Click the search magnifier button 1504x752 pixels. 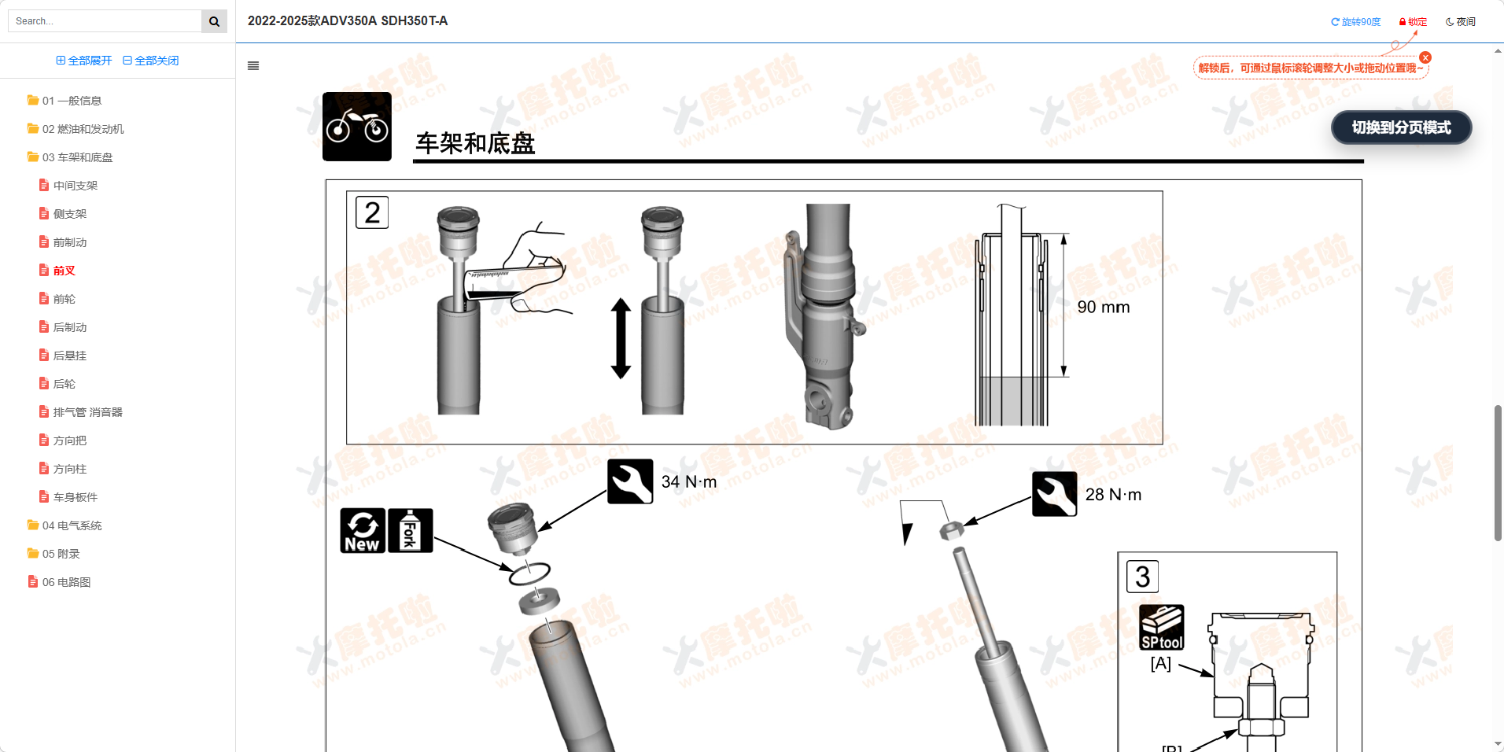click(214, 21)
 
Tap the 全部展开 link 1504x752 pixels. click(84, 61)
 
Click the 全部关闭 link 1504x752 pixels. click(151, 61)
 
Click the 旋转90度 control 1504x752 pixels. click(1355, 22)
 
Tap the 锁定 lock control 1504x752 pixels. click(1413, 22)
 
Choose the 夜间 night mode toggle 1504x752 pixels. click(1461, 22)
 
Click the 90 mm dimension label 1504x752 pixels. click(1104, 308)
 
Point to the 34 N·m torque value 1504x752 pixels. click(689, 481)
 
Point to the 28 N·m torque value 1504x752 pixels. click(1113, 495)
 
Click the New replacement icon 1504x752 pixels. click(363, 530)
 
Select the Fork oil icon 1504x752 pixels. click(411, 530)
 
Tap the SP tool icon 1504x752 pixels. click(1162, 627)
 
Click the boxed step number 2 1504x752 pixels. click(372, 212)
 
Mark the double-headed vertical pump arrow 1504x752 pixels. click(621, 338)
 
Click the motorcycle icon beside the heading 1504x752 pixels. click(357, 127)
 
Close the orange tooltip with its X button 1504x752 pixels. click(1425, 57)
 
